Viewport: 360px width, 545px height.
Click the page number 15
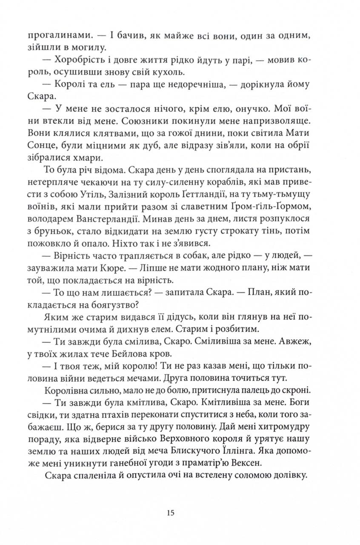pos(171,513)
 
